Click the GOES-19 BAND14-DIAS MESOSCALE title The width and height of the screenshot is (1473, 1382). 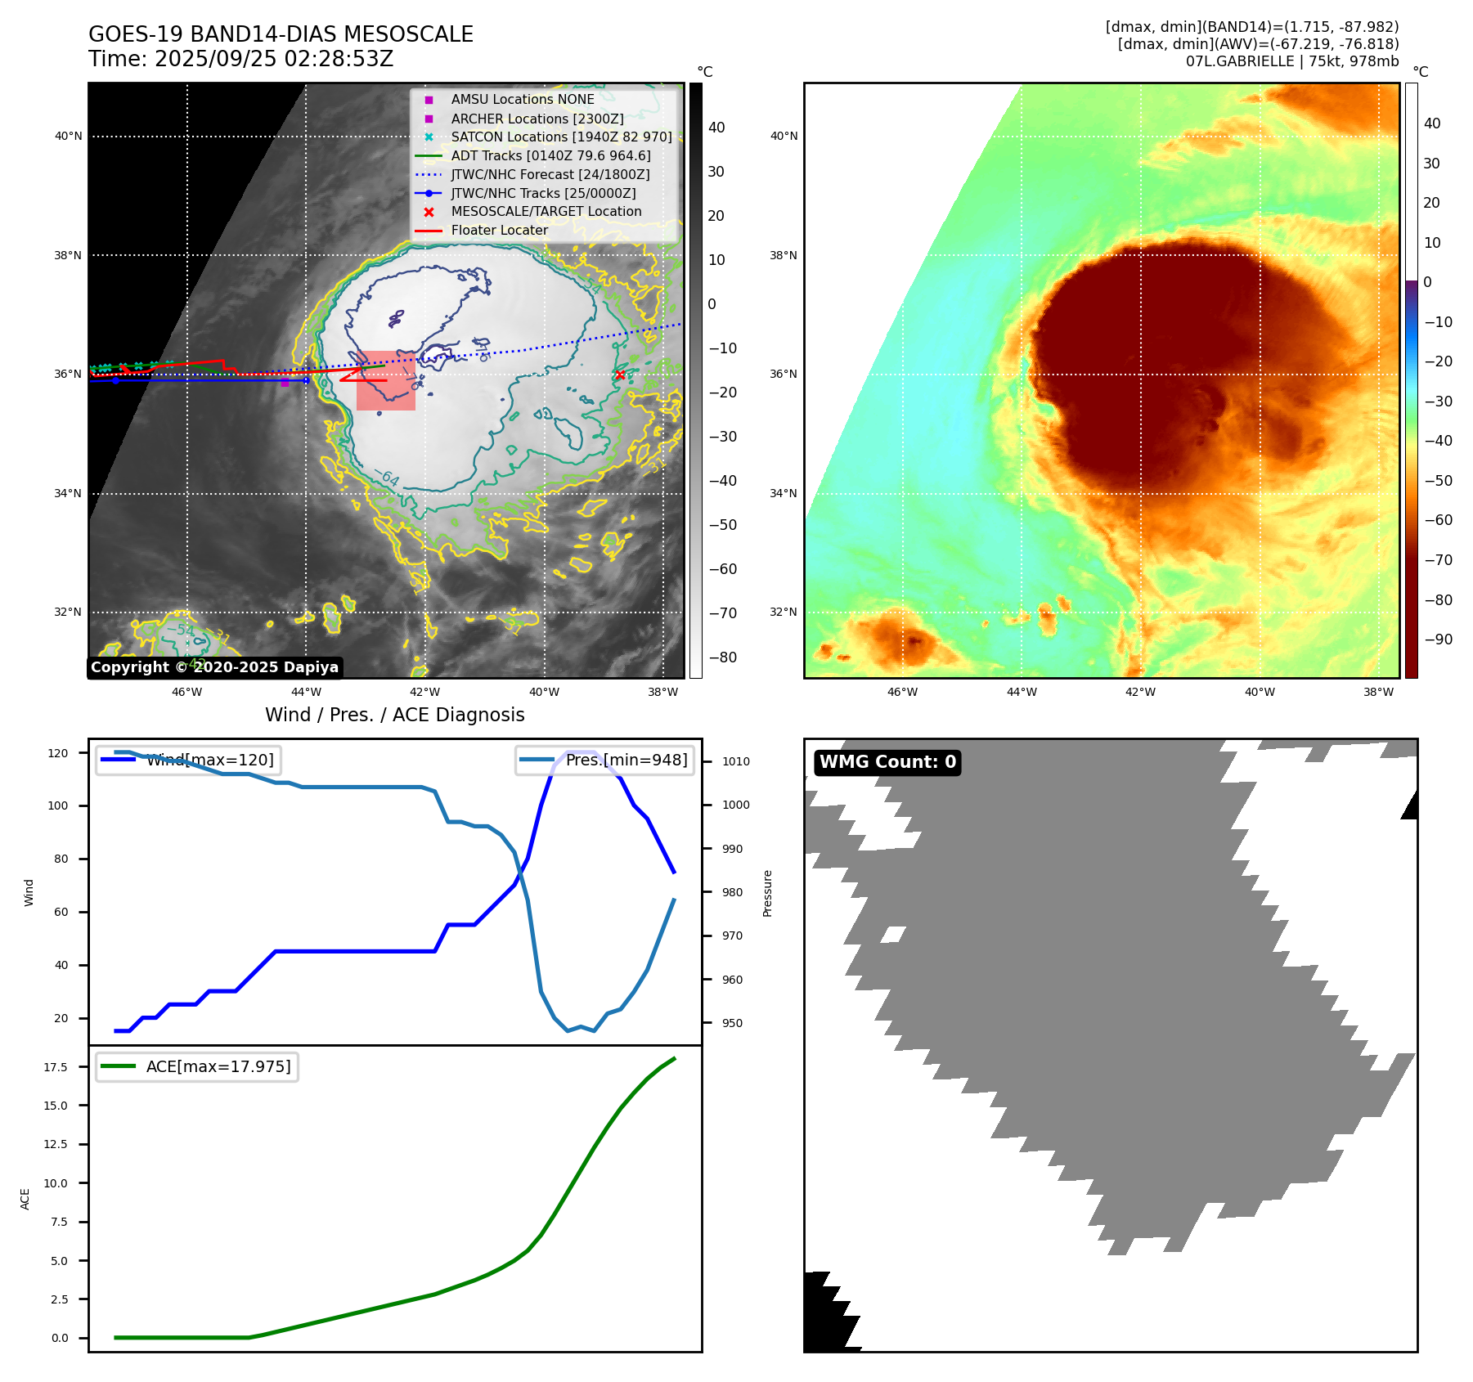281,34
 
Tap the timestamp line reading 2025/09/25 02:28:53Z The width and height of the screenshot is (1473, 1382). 241,59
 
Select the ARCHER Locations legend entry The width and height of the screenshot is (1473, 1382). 537,119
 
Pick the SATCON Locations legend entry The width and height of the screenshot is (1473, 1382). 561,137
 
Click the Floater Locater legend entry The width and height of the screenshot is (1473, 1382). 499,231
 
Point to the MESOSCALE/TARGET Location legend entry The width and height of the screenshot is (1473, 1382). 546,211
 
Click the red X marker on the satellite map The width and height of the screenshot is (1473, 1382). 620,375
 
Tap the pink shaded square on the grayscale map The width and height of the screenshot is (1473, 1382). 386,381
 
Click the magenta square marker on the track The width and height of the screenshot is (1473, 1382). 285,382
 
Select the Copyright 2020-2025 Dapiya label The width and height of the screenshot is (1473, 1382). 214,667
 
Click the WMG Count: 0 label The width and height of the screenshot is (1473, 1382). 887,762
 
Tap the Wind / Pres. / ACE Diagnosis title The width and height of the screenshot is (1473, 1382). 395,715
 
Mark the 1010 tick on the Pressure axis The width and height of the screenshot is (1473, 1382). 735,761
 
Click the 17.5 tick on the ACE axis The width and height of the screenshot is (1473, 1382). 56,1067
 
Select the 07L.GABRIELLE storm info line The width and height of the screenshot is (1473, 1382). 1292,61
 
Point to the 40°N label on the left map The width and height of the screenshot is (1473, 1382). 69,137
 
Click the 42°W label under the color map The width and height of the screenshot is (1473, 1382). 1140,692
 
